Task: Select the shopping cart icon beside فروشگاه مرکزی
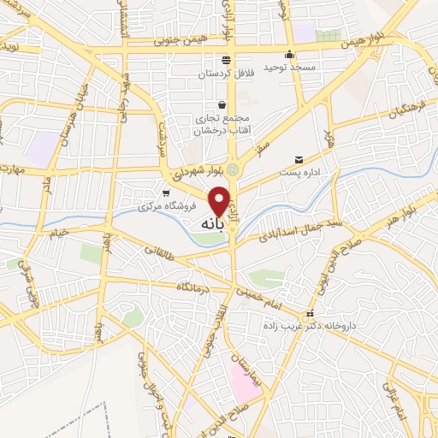pyautogui.click(x=166, y=193)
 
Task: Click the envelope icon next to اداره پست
pyautogui.click(x=299, y=159)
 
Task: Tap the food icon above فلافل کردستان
pyautogui.click(x=226, y=59)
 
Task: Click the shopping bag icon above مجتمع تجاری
pyautogui.click(x=222, y=104)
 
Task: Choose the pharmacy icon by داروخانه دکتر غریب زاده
pyautogui.click(x=311, y=314)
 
